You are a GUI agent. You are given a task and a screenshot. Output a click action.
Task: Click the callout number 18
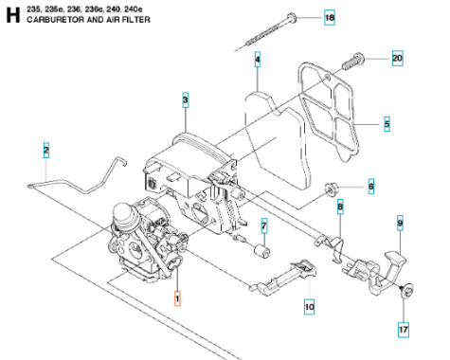coord(330,17)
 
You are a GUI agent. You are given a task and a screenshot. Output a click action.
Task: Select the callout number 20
coord(397,58)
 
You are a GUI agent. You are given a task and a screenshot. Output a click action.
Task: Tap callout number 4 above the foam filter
coord(258,60)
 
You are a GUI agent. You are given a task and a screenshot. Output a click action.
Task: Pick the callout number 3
coord(186,99)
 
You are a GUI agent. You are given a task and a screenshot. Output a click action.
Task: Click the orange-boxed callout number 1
coord(177,298)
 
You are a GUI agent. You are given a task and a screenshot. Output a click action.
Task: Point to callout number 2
coord(46,150)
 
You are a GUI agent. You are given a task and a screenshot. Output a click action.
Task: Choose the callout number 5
coord(387,124)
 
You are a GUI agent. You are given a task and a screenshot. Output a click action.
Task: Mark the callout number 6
coord(371,187)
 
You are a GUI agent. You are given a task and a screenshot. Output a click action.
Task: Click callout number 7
coord(264,225)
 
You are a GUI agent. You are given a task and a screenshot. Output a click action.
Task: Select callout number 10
coord(310,306)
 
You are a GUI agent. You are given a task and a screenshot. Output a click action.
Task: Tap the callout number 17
coord(404,330)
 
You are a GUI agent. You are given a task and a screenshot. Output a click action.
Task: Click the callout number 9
coord(400,224)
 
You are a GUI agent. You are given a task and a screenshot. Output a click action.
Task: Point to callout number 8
coord(340,207)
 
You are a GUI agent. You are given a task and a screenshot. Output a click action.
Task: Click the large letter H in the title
coord(13,15)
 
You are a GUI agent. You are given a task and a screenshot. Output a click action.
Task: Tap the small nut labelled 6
coord(331,189)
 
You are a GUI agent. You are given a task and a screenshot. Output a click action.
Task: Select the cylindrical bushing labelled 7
coord(262,251)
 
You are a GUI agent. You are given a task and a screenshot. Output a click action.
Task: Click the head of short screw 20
coord(359,58)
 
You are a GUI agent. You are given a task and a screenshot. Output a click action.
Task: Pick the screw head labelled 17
coord(408,290)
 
